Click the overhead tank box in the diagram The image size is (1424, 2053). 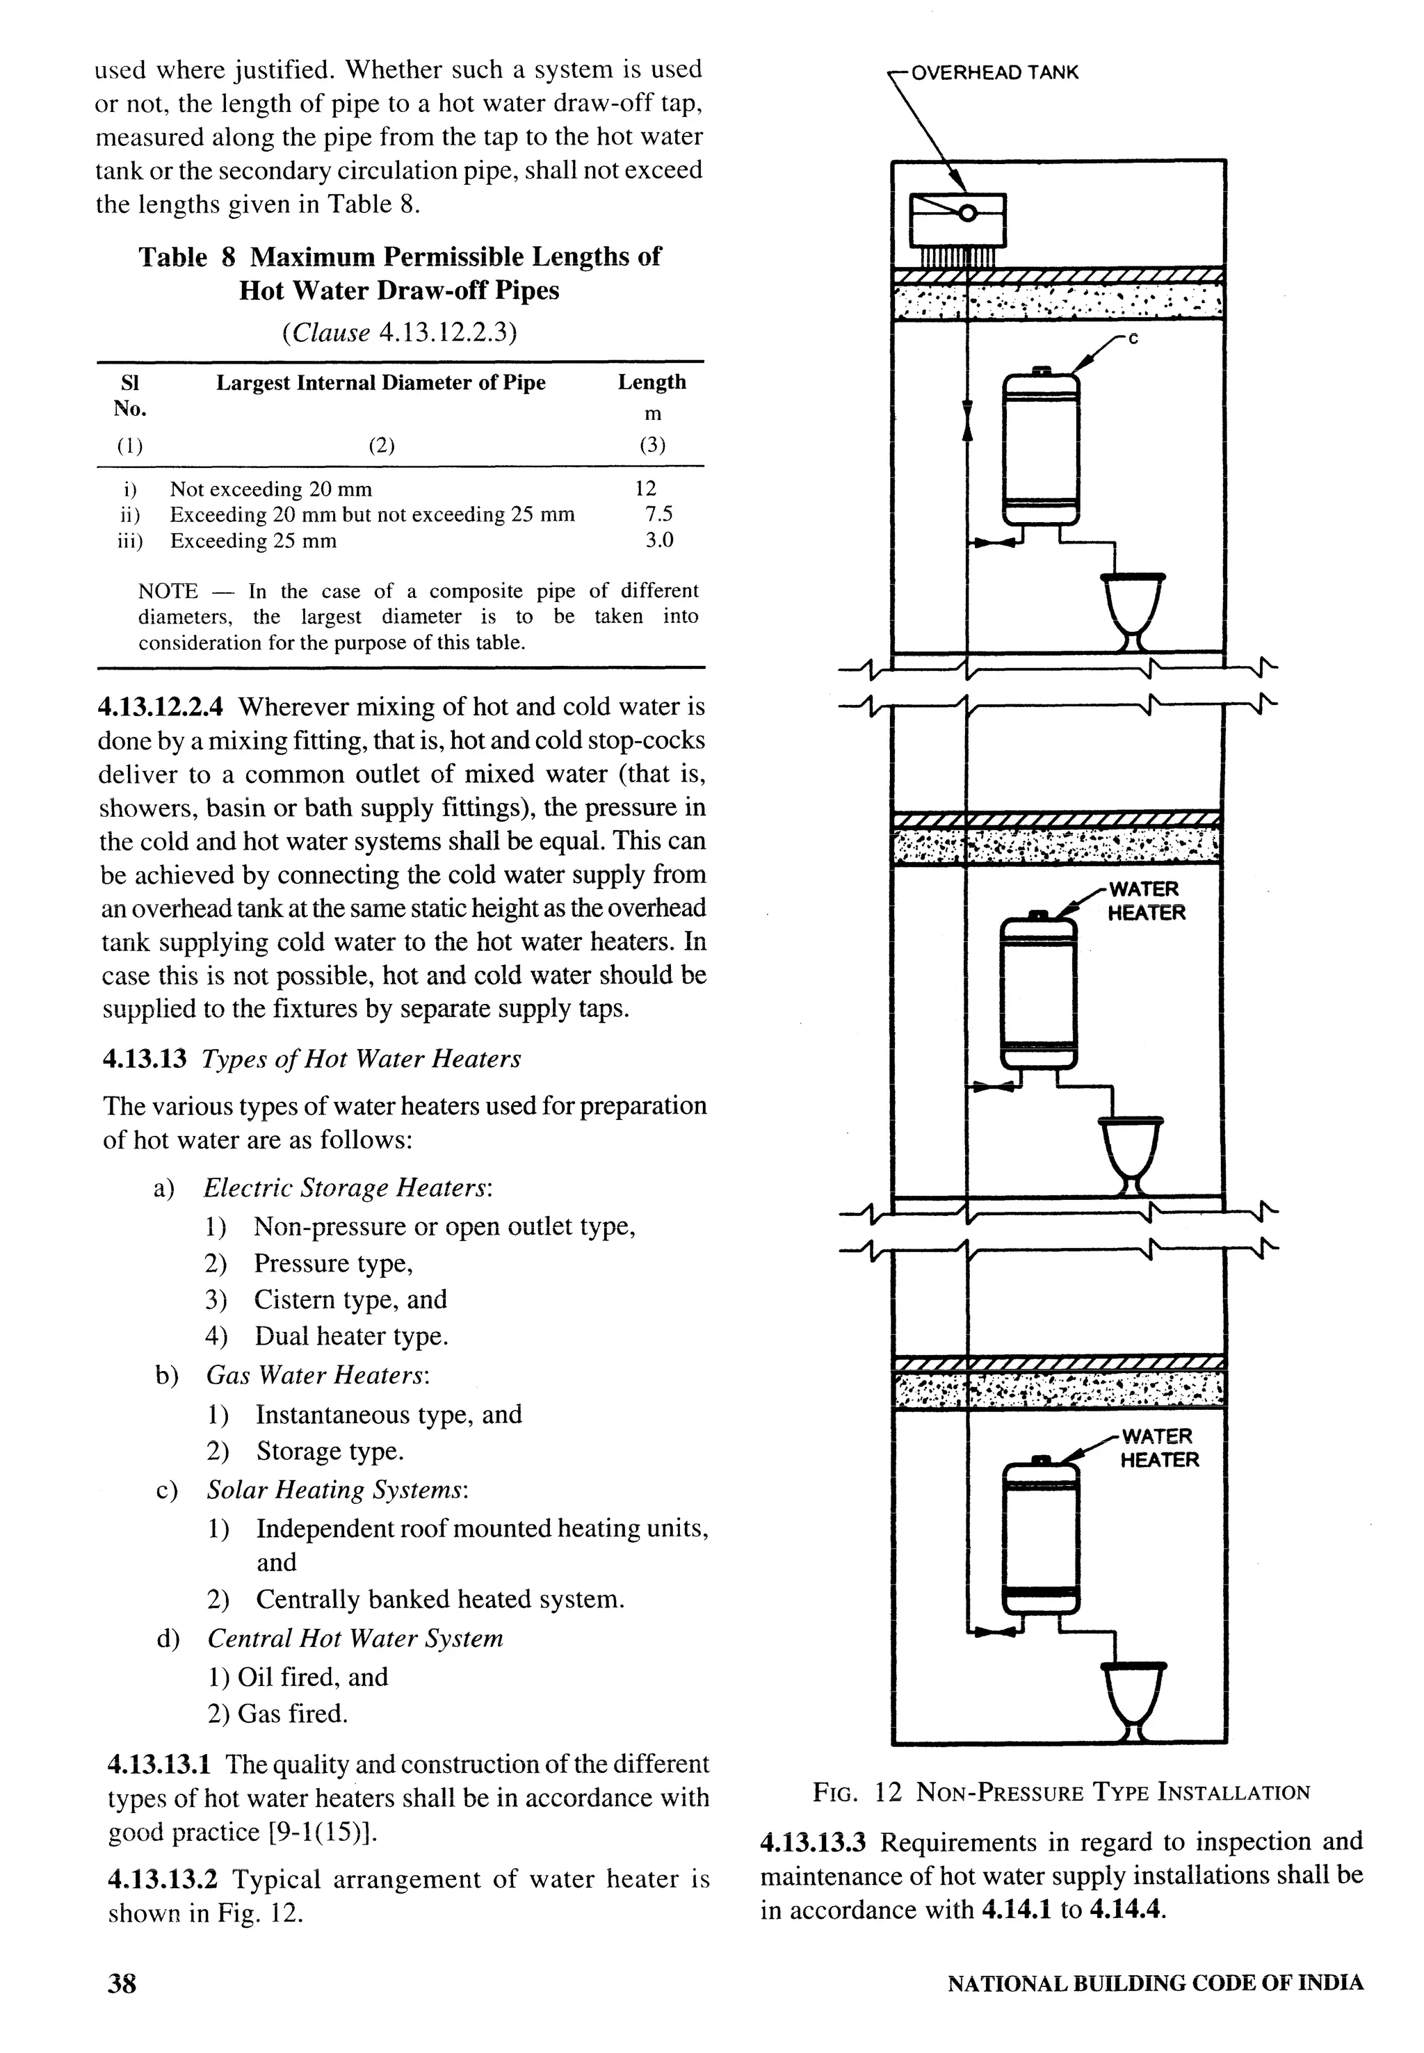pos(957,220)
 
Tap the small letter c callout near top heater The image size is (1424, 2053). pos(1133,339)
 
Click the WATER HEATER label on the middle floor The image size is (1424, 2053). pos(1146,901)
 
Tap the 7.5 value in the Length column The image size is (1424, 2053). pos(658,514)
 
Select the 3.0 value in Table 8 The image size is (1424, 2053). pos(658,541)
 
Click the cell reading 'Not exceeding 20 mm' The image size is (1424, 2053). pos(270,489)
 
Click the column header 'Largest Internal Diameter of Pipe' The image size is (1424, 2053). pos(380,383)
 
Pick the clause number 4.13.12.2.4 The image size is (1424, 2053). pos(161,708)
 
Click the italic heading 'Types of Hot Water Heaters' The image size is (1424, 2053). pos(360,1059)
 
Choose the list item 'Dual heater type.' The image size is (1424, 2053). pos(350,1336)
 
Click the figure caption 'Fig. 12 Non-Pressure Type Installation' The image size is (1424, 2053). pos(1061,1792)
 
